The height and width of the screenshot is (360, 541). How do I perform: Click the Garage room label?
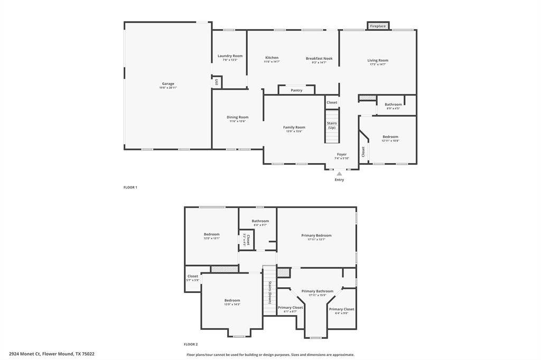168,84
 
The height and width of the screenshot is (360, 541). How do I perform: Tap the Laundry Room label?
230,56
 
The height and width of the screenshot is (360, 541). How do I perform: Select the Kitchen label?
272,58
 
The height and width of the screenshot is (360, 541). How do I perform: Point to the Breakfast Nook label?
319,59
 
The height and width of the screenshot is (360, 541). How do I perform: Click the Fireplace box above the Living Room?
378,26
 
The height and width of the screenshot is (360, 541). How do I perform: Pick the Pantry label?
296,90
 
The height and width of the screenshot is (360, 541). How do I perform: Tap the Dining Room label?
237,117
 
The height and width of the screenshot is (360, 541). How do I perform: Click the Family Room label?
294,127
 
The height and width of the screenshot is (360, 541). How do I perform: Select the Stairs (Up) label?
331,125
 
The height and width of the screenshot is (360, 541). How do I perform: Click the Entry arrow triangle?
339,173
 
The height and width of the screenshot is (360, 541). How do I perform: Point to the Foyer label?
342,154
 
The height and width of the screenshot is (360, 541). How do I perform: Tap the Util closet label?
217,82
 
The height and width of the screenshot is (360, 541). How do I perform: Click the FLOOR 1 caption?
130,187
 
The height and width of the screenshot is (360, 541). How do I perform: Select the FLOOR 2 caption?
190,344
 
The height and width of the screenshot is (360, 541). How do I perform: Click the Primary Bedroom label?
316,235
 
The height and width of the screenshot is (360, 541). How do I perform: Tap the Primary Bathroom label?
317,291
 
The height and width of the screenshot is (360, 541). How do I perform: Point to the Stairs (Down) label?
269,292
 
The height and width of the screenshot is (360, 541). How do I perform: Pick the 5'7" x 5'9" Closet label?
193,277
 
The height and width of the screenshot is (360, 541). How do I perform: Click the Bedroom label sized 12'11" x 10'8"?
390,137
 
